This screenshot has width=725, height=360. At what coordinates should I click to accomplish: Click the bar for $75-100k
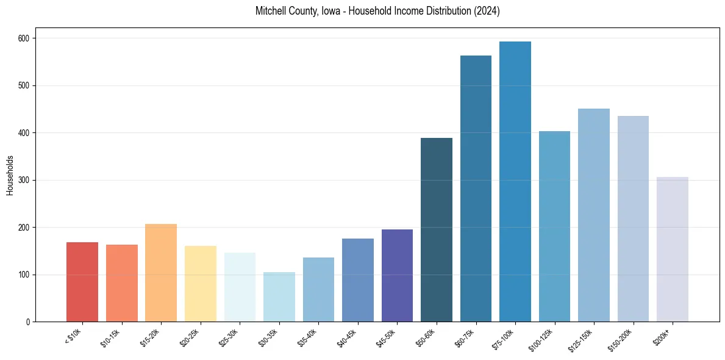tap(515, 183)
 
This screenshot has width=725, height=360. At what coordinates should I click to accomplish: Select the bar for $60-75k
tap(476, 189)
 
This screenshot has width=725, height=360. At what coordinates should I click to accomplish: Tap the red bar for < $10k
tap(82, 282)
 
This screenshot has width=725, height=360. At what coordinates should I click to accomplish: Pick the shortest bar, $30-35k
tap(279, 297)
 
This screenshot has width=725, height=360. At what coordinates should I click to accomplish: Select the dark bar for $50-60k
tap(437, 230)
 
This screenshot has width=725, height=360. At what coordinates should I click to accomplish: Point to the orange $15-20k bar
tap(161, 273)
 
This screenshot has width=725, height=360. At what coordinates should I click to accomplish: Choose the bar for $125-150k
tap(594, 215)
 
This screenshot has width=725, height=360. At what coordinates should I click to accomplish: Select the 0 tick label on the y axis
tap(30, 322)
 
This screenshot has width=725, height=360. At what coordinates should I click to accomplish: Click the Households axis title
tap(10, 175)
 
